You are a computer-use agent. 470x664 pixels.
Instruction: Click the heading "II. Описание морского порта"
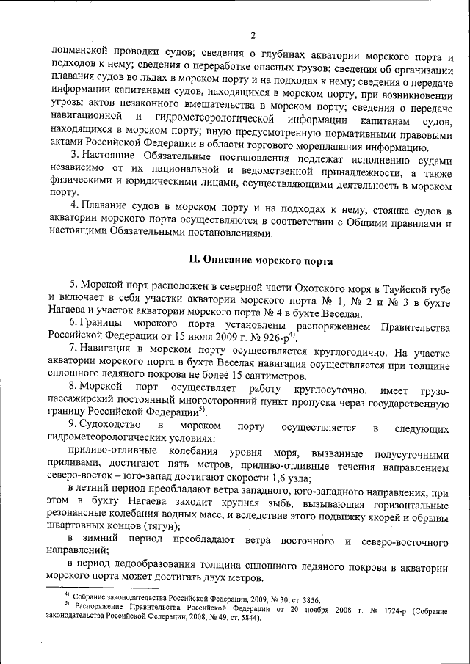coord(261,260)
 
